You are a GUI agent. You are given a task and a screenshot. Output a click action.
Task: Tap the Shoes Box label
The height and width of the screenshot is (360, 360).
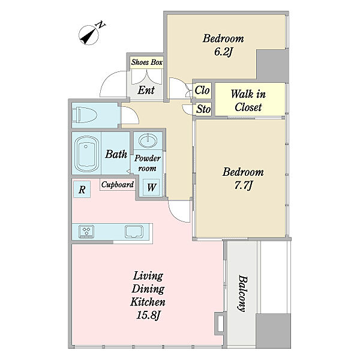point(147,62)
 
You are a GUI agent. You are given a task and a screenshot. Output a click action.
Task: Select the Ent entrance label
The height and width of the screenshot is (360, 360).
point(146,90)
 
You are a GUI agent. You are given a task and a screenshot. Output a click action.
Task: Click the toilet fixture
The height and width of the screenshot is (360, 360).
point(84,115)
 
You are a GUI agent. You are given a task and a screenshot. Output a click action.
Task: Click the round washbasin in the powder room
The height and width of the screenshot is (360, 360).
point(148,140)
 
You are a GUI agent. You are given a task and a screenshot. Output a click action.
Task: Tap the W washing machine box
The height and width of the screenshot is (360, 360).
point(151,188)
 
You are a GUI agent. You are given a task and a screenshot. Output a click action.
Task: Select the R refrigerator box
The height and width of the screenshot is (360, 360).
point(82,189)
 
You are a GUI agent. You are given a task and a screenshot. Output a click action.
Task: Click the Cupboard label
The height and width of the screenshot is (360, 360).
point(118,185)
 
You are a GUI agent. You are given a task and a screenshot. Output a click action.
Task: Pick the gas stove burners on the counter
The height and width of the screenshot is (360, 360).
point(86,232)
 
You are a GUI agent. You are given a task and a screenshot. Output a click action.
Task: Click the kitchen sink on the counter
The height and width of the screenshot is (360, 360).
point(134,232)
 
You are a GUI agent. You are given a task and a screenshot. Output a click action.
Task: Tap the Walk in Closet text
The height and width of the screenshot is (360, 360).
point(248,101)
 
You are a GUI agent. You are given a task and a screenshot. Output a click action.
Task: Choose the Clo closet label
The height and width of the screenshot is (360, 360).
point(202,90)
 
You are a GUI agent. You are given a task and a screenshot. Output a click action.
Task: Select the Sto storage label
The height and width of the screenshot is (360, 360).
point(203,109)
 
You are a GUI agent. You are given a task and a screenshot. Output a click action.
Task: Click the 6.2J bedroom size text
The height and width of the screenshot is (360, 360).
point(223,52)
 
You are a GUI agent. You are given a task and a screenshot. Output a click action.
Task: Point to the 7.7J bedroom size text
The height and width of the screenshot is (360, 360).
point(244,185)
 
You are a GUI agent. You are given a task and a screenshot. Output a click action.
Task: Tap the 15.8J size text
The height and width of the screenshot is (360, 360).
point(148,315)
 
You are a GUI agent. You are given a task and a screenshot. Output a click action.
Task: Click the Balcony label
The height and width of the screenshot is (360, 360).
point(243,293)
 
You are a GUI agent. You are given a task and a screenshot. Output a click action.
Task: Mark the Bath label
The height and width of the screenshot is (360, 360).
point(116,154)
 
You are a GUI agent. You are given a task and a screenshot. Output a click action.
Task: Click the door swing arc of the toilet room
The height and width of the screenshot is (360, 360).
point(134,113)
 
